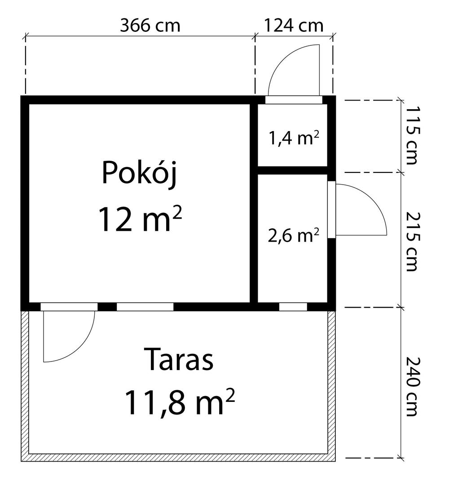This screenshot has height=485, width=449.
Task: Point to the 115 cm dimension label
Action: [x=412, y=136]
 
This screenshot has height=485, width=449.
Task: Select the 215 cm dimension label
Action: [x=412, y=242]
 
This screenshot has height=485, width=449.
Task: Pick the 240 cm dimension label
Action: [x=412, y=387]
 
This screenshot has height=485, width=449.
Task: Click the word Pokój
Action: [x=140, y=172]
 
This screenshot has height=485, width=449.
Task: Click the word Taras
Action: [x=179, y=359]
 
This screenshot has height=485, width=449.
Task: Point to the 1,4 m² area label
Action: [x=294, y=138]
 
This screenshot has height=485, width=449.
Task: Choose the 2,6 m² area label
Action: [x=294, y=236]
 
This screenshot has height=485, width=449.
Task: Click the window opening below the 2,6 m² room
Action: [x=293, y=307]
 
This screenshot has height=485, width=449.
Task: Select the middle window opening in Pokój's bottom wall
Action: [x=145, y=307]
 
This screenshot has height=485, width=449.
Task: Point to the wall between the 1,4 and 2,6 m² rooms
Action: [x=293, y=170]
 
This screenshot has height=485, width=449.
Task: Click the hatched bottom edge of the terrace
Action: [x=178, y=458]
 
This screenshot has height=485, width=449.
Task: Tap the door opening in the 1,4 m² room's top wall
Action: [x=294, y=100]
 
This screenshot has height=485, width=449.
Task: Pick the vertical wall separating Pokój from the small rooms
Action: [x=254, y=203]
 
